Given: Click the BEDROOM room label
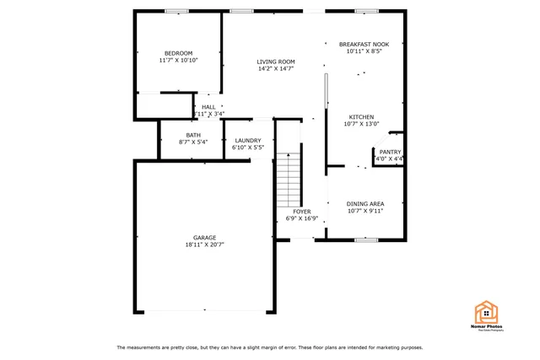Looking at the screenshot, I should pos(178,53).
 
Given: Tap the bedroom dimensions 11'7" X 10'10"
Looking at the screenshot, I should pos(178,61).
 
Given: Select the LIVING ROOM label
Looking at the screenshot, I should pos(276,62).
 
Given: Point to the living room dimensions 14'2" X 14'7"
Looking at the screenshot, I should pos(276,69).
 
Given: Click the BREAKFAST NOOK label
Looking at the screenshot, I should pos(364,44).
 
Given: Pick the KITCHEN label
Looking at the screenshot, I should pos(362,117).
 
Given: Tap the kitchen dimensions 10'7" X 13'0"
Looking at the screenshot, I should pos(362,125).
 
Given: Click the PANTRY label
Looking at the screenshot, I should pos(390,152).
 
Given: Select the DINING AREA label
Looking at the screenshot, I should pos(365,203).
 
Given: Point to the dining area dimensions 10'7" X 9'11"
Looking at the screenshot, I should pos(365,211).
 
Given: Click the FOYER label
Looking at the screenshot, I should pos(301,211).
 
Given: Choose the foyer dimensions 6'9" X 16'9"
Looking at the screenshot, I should pos(301,218).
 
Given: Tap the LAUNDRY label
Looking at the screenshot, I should pos(248,140).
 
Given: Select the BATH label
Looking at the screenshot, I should pos(193,135).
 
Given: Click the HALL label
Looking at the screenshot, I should pos(208,107).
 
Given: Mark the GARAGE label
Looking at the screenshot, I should pos(204,237).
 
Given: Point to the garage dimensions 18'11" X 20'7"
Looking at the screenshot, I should pos(204,244).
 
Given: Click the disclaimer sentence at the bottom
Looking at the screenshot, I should pos(270,347).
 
